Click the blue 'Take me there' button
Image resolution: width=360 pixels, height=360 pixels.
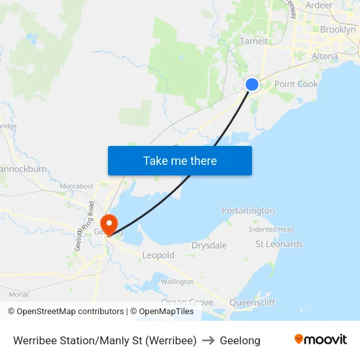click(180, 160)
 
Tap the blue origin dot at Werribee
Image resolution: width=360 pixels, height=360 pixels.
click(252, 84)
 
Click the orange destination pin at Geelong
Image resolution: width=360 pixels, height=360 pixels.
click(109, 223)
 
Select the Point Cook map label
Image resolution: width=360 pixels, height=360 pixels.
click(296, 84)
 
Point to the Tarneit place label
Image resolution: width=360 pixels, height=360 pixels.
click(254, 41)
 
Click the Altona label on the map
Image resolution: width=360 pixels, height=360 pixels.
click(325, 56)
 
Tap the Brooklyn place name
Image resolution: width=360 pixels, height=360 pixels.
click(338, 29)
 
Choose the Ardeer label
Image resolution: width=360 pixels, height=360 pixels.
click(319, 5)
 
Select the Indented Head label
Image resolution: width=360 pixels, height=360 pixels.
click(271, 230)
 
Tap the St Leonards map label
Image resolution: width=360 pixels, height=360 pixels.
click(279, 244)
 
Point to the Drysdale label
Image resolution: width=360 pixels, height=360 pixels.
click(209, 245)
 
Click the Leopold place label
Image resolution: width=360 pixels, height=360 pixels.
click(158, 255)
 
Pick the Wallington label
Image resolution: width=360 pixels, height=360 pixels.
click(177, 281)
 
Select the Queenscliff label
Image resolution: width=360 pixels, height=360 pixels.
click(252, 302)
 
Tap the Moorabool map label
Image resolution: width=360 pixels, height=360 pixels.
click(76, 187)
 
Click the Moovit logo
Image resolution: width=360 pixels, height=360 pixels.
click(320, 340)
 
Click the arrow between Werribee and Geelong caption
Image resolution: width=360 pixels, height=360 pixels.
click(208, 340)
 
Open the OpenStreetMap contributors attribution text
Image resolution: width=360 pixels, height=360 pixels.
click(65, 312)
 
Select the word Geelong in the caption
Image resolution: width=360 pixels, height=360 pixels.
click(240, 340)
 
